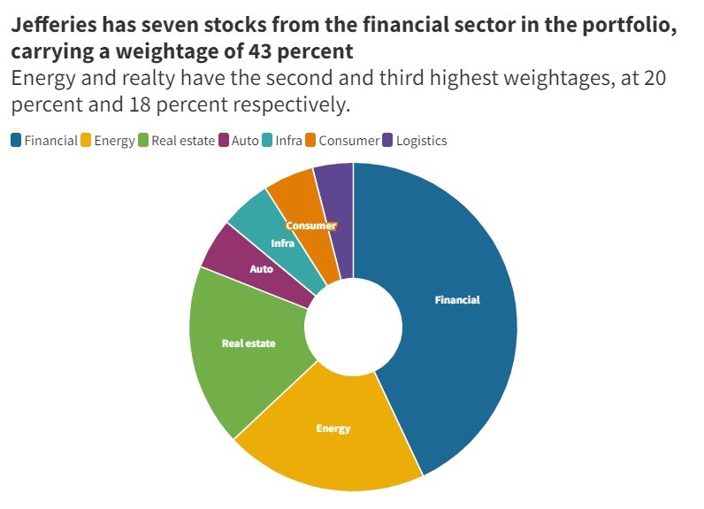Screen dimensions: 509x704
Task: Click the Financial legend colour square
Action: click(x=16, y=140)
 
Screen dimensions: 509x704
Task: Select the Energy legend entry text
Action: click(x=114, y=140)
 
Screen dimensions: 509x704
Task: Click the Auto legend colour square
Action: click(x=224, y=140)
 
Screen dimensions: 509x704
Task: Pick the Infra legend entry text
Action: click(x=289, y=140)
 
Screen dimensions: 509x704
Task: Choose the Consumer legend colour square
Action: click(x=310, y=140)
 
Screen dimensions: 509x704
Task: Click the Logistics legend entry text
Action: click(x=421, y=140)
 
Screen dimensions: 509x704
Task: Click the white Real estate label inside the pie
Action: click(x=249, y=343)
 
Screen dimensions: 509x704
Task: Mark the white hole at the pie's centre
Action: click(x=354, y=327)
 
